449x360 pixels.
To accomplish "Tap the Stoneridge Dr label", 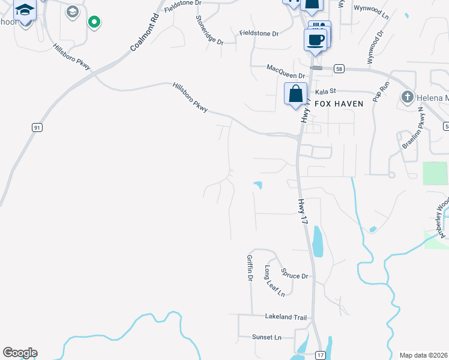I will (209, 30).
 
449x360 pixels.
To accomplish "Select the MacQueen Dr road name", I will (286, 68).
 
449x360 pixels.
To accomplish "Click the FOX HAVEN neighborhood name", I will (342, 104).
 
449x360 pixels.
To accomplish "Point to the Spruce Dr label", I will (294, 277).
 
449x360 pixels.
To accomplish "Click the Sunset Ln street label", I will (267, 337).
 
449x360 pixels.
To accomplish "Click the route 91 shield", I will (37, 127).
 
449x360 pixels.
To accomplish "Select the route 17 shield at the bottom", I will (321, 355).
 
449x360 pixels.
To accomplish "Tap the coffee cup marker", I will (315, 40).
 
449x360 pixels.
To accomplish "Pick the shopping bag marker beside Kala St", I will (295, 95).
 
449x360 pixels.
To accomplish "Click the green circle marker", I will (94, 22).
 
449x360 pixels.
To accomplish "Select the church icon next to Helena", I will (406, 97).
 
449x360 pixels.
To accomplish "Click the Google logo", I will (20, 353).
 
